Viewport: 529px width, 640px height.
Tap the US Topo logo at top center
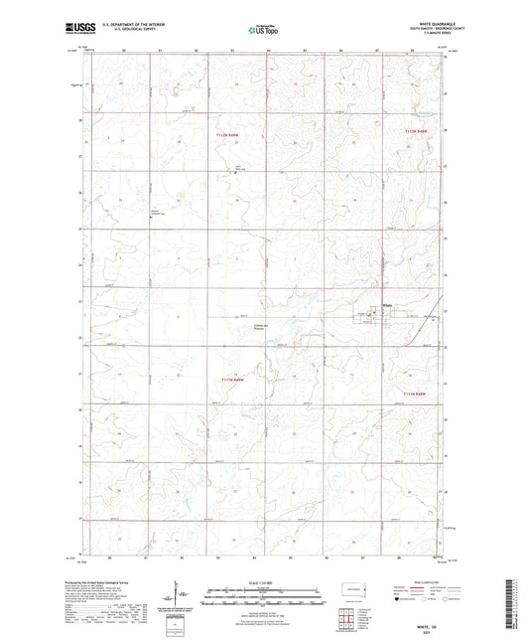pos(262,30)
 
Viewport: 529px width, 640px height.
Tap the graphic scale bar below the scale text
pos(264,591)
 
